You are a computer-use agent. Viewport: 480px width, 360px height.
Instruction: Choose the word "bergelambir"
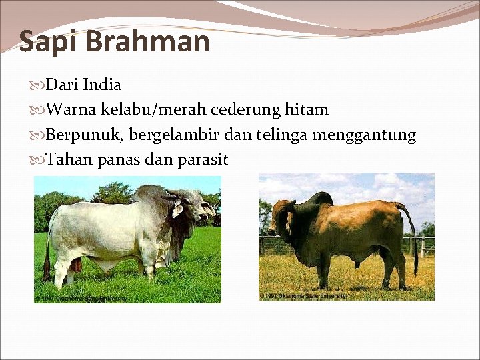pos(174,135)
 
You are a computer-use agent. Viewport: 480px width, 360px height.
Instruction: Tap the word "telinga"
pos(280,135)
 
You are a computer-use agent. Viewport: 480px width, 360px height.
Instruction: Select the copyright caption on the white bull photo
pos(81,297)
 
